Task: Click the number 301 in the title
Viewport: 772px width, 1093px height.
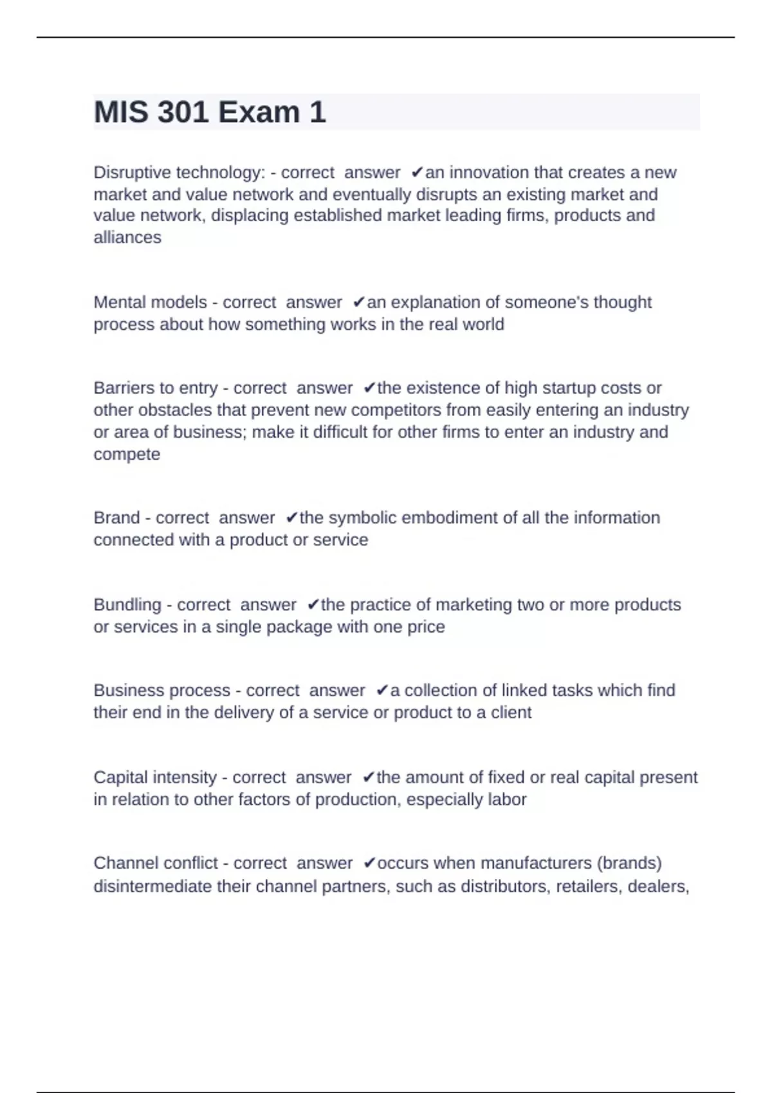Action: pyautogui.click(x=183, y=113)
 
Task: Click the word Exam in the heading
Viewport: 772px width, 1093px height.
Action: pyautogui.click(x=259, y=113)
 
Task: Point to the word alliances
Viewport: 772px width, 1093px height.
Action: pyautogui.click(x=127, y=238)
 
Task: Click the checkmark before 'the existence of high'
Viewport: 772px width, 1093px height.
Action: pyautogui.click(x=369, y=388)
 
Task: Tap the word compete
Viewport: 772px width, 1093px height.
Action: pyautogui.click(x=127, y=455)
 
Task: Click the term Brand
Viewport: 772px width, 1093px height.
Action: pyautogui.click(x=116, y=518)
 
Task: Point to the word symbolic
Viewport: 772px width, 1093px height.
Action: pyautogui.click(x=361, y=518)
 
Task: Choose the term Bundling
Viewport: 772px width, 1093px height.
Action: pyautogui.click(x=127, y=605)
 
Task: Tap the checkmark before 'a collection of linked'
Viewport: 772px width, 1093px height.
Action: pyautogui.click(x=382, y=691)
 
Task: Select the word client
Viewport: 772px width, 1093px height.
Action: pyautogui.click(x=511, y=713)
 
